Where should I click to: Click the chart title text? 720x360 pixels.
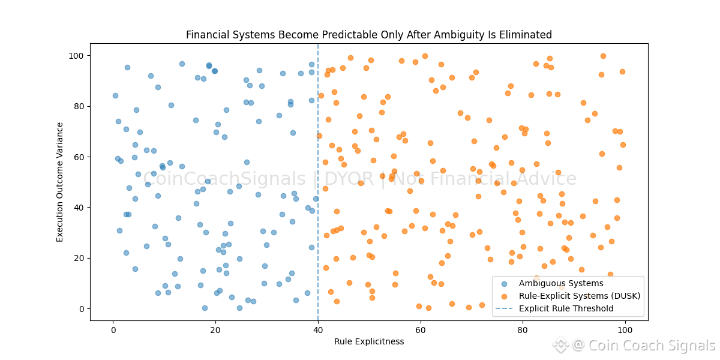(368, 35)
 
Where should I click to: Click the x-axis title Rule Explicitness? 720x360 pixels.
(368, 341)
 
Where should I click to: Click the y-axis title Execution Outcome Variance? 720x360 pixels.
(60, 182)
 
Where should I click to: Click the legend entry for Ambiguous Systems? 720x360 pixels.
(561, 283)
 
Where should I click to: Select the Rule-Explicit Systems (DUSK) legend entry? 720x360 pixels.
(580, 296)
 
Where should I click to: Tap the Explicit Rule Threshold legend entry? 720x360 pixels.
(566, 308)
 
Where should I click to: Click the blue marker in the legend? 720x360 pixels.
(504, 284)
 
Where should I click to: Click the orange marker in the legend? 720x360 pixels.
(504, 296)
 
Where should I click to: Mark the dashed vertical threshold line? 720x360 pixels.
(318, 150)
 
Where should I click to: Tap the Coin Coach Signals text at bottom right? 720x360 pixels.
(651, 346)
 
